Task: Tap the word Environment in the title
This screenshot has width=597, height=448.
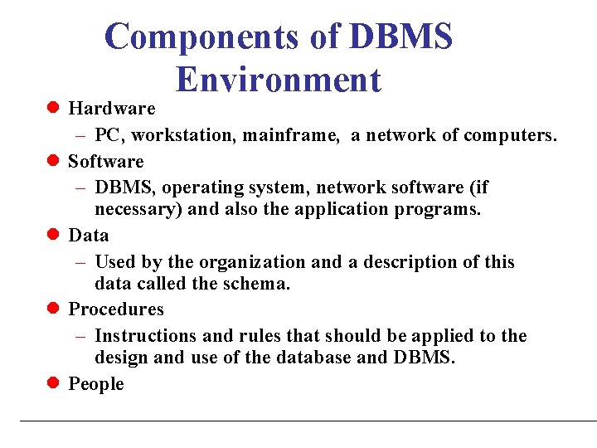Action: pos(279,80)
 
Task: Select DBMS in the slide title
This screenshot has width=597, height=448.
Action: pos(401,37)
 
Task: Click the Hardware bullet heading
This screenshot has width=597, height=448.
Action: pos(111,109)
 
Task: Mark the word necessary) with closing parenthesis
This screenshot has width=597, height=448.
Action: pos(138,209)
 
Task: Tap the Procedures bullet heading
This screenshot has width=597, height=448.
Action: pos(116,309)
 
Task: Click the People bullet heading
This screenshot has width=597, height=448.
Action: pos(96,384)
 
